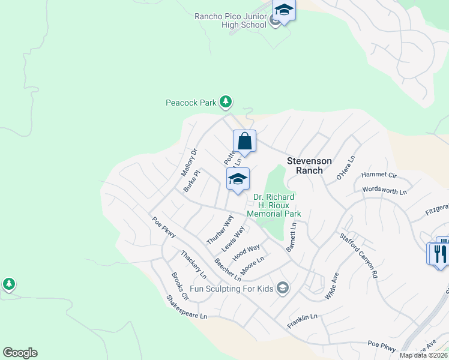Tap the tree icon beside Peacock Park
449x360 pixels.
click(x=225, y=102)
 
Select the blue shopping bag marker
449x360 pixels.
click(x=244, y=142)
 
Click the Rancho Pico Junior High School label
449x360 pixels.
click(x=231, y=20)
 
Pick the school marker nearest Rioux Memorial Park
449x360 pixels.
click(x=238, y=179)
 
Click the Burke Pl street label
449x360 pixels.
click(x=191, y=181)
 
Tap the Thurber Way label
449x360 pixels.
click(x=219, y=229)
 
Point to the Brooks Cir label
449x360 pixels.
click(x=180, y=286)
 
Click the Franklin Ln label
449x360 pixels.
click(x=301, y=317)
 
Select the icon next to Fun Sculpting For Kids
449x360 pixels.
click(x=282, y=289)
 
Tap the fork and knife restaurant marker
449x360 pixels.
click(x=439, y=252)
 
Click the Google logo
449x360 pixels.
click(x=20, y=353)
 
